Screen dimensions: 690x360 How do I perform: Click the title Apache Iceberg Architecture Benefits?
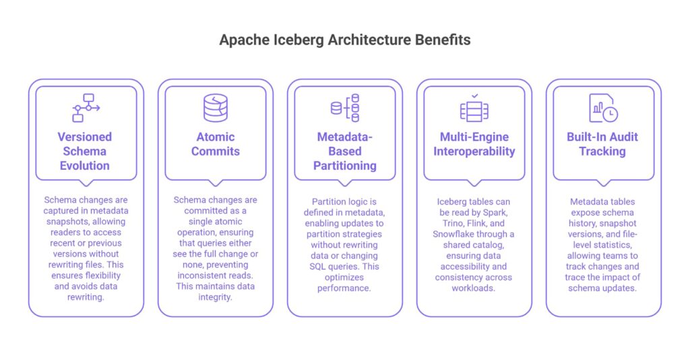(345, 40)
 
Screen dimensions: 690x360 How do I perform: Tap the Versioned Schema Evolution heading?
(85, 151)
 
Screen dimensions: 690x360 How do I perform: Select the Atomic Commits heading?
(215, 144)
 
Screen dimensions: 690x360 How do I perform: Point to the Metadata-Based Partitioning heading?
(344, 151)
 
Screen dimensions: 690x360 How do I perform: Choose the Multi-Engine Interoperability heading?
(474, 144)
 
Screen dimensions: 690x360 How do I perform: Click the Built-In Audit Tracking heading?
(602, 144)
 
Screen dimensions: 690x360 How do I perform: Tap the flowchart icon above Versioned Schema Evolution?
(86, 107)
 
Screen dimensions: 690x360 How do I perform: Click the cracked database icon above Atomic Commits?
(216, 108)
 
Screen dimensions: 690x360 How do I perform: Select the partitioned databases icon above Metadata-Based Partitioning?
(345, 108)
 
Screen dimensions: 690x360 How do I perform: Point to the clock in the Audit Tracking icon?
(610, 115)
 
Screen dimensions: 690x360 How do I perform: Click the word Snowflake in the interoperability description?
(453, 234)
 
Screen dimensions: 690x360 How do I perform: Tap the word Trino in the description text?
(449, 223)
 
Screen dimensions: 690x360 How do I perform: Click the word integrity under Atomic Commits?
(215, 297)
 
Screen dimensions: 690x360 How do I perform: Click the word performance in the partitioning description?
(344, 289)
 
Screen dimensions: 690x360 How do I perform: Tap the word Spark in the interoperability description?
(494, 212)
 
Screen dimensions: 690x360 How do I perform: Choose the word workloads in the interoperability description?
(474, 289)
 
